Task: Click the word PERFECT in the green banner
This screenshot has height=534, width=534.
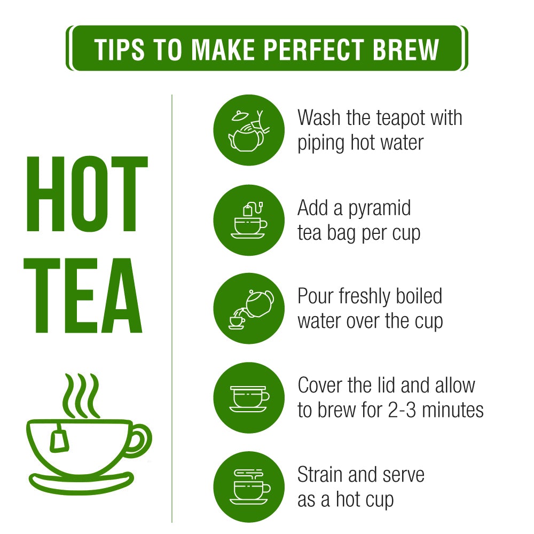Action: pyautogui.click(x=314, y=49)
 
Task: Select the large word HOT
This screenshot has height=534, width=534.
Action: pyautogui.click(x=87, y=194)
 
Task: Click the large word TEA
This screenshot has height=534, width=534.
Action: pyautogui.click(x=83, y=295)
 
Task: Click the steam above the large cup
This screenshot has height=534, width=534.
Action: pyautogui.click(x=81, y=396)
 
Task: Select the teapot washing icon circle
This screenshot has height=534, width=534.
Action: pyautogui.click(x=249, y=130)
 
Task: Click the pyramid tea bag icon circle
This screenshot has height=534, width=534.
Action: pyautogui.click(x=249, y=220)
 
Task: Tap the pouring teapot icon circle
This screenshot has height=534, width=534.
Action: pyautogui.click(x=249, y=309)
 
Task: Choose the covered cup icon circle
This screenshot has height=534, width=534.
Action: pyautogui.click(x=249, y=398)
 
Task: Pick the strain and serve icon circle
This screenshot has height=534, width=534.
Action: pyautogui.click(x=249, y=487)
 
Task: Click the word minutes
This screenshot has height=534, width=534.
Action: pyautogui.click(x=453, y=410)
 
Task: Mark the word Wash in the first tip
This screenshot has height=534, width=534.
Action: pyautogui.click(x=319, y=117)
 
